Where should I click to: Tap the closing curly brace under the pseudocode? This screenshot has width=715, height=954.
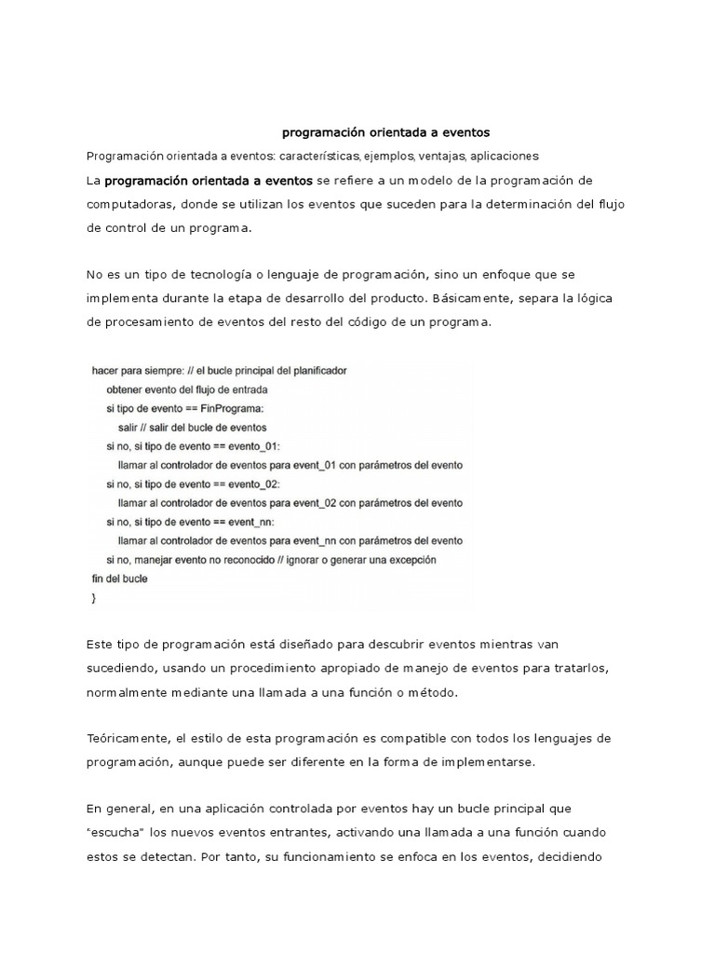point(93,598)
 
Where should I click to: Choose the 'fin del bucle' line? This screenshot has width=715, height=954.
point(118,579)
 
